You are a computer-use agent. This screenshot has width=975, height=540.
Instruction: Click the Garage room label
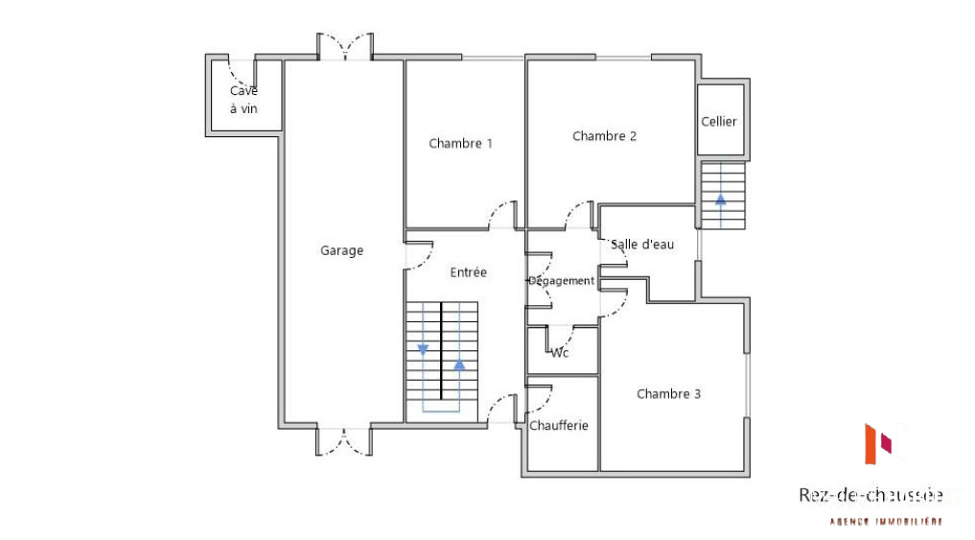point(341,250)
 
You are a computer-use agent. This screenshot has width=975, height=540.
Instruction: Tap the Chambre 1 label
point(461,144)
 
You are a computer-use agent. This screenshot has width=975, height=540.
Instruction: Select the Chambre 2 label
point(604,136)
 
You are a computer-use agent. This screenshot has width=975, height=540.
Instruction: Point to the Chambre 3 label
point(668,394)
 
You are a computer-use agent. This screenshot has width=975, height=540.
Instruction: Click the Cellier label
point(719,121)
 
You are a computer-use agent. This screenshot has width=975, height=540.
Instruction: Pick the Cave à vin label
point(244,100)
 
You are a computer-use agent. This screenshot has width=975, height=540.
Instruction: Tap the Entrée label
point(468,272)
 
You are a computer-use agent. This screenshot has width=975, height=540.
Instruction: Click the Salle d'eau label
point(642,245)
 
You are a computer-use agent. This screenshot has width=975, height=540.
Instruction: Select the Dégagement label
point(561,281)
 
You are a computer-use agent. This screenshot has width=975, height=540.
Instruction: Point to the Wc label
point(560,353)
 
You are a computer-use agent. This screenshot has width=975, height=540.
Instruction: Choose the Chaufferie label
point(558,426)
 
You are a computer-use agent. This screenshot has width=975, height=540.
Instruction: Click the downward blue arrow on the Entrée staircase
point(423,350)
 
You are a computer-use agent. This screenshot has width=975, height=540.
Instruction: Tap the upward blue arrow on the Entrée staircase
point(459,364)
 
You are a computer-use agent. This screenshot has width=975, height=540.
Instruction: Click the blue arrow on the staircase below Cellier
point(721,200)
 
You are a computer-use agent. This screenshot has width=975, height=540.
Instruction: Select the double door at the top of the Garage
point(345,47)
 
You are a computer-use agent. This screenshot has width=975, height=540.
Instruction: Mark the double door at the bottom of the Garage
point(344,441)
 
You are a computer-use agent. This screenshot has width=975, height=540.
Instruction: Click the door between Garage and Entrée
point(419,255)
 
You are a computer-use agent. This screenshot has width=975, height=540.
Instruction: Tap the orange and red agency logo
point(878,443)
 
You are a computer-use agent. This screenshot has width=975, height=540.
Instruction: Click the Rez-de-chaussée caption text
point(871,495)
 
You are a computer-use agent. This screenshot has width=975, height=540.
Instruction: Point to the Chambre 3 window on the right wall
point(747,386)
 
